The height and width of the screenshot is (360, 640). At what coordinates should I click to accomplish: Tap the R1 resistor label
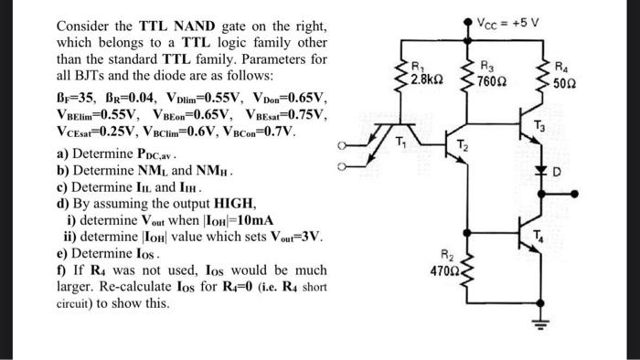pyautogui.click(x=419, y=65)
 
